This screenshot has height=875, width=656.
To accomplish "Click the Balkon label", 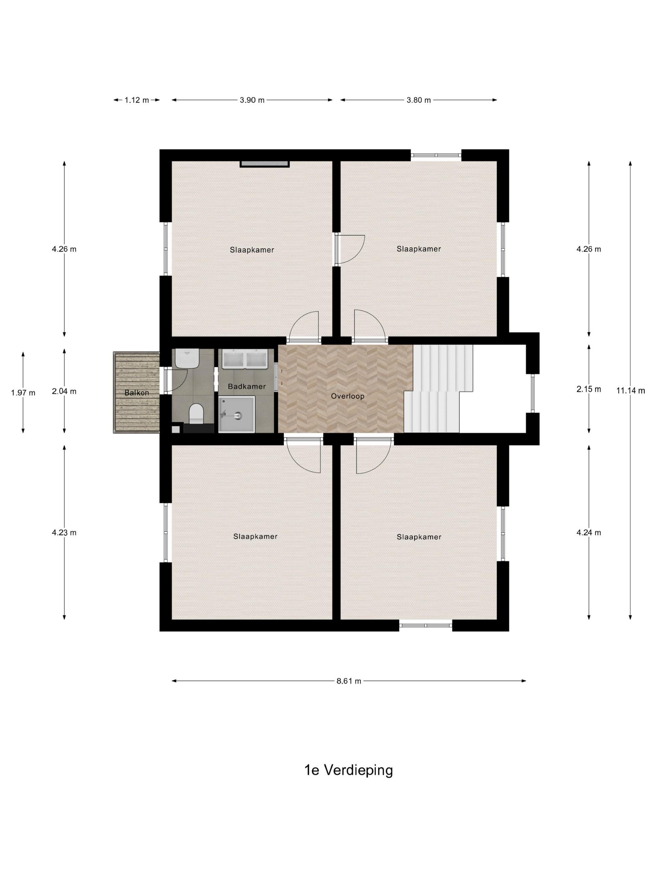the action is tap(137, 393).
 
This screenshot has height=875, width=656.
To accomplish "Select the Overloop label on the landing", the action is tap(348, 396).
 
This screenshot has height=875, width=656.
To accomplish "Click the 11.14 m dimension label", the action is tap(630, 391).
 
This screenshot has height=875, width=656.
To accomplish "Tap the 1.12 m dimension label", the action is tap(137, 100).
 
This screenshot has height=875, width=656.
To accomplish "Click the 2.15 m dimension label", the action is tap(589, 389).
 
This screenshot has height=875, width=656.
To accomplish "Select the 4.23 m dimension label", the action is tap(64, 532).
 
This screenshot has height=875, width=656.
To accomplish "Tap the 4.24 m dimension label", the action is tap(589, 532).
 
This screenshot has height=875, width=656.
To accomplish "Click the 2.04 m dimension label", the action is tap(64, 391).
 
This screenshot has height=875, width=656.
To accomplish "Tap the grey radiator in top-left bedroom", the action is tap(265, 164).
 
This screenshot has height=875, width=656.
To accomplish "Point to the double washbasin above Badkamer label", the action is tap(247, 359).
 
